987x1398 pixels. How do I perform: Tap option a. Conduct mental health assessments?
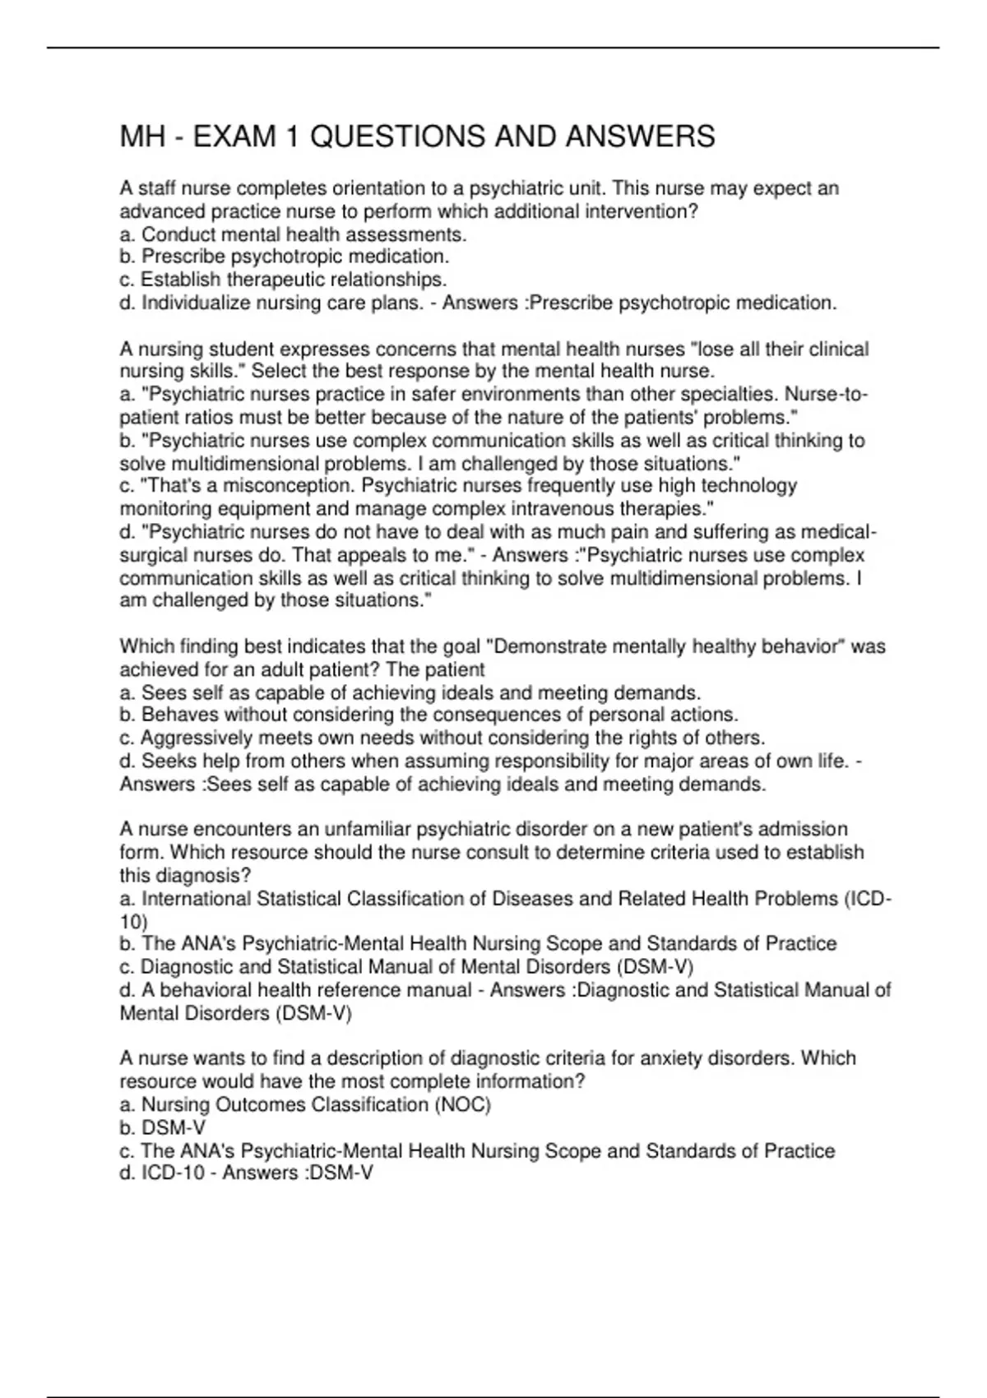293,234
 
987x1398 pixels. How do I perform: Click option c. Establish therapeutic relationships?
283,280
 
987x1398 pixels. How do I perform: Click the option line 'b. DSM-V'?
163,1127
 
